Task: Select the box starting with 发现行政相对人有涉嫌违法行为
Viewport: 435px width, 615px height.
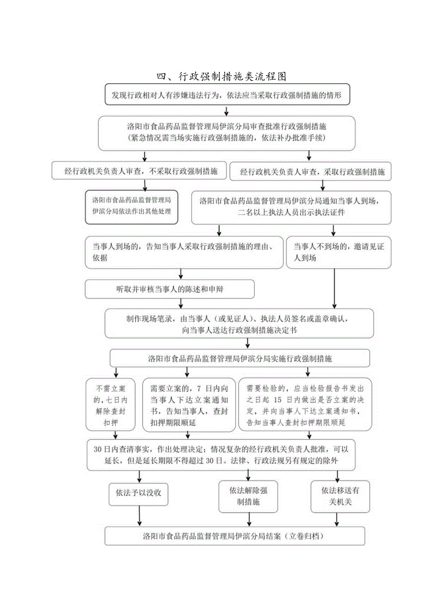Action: (x=230, y=95)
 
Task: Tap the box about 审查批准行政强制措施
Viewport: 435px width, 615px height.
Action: (x=226, y=133)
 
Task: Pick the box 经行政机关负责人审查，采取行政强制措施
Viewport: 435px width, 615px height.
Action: (x=310, y=172)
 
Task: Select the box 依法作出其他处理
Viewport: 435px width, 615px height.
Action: (x=132, y=207)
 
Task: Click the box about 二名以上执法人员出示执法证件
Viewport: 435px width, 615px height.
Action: (x=291, y=207)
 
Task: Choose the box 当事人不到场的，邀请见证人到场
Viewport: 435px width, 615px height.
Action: (x=339, y=252)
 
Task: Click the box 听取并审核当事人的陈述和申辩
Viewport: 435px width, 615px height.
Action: (x=170, y=289)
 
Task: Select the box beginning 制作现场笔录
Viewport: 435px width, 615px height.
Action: (x=239, y=324)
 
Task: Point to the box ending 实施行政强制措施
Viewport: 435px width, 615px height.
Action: (x=240, y=358)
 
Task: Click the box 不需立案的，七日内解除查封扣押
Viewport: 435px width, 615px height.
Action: (x=110, y=405)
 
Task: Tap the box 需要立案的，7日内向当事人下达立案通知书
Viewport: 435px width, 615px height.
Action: (x=189, y=405)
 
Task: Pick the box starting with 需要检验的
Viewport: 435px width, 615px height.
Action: (x=305, y=405)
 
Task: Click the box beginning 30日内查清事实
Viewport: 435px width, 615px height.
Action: (x=221, y=454)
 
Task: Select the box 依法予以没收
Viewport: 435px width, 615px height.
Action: (x=139, y=493)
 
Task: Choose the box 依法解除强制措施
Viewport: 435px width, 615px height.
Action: (x=248, y=496)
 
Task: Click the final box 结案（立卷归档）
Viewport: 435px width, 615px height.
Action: (x=235, y=537)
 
